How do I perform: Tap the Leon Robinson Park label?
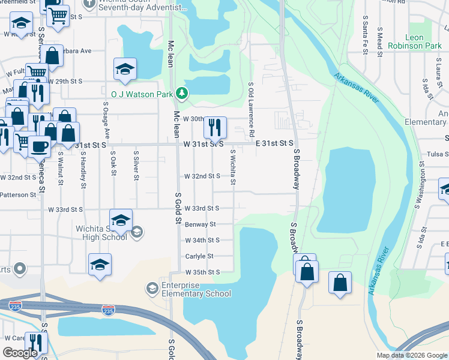click(414, 41)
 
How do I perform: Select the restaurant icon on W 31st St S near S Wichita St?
click(215, 127)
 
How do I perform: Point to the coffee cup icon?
click(40, 145)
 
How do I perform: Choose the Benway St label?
click(201, 224)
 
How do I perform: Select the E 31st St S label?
click(274, 143)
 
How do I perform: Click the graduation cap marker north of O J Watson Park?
click(125, 69)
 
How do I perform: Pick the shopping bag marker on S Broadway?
click(307, 271)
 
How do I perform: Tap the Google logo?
click(20, 353)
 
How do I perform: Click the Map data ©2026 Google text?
click(411, 355)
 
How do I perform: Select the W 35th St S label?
click(201, 272)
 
